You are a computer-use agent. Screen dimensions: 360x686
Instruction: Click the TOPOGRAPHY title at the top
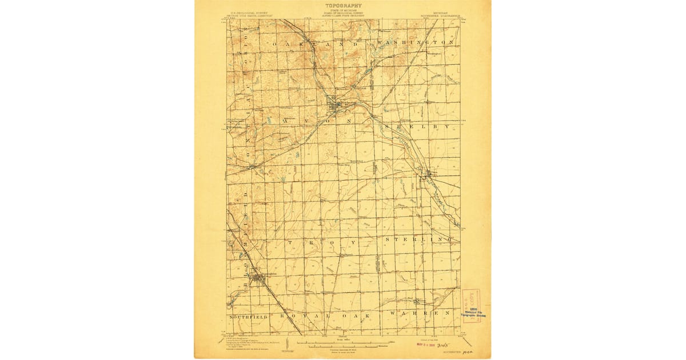pyautogui.click(x=343, y=6)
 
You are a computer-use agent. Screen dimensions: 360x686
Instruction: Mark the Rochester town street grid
pyautogui.click(x=333, y=104)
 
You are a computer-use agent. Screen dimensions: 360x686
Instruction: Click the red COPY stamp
pyautogui.click(x=471, y=301)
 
